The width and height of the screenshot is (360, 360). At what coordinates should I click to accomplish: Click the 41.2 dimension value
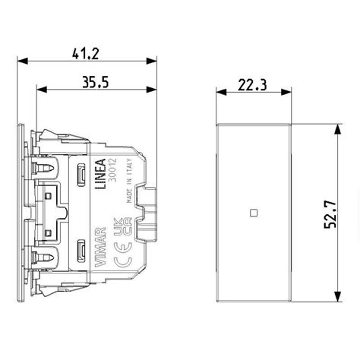[x=85, y=54]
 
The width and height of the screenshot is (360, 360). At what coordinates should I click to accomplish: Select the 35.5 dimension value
[x=96, y=82]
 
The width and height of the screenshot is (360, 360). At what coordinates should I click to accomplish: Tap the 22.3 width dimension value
[x=252, y=85]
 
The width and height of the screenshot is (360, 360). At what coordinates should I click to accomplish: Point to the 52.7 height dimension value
[x=330, y=214]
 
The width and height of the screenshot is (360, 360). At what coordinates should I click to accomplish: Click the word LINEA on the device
[x=100, y=174]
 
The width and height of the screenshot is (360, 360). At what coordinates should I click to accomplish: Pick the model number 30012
[x=112, y=170]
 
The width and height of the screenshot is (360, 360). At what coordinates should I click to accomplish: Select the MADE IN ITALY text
[x=129, y=181]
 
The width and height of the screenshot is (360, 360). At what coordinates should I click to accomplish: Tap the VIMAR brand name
[x=100, y=247]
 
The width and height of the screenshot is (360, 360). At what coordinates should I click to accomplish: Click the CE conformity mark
[x=123, y=254]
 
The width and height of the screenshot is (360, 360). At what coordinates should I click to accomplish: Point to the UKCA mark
[x=122, y=227]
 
